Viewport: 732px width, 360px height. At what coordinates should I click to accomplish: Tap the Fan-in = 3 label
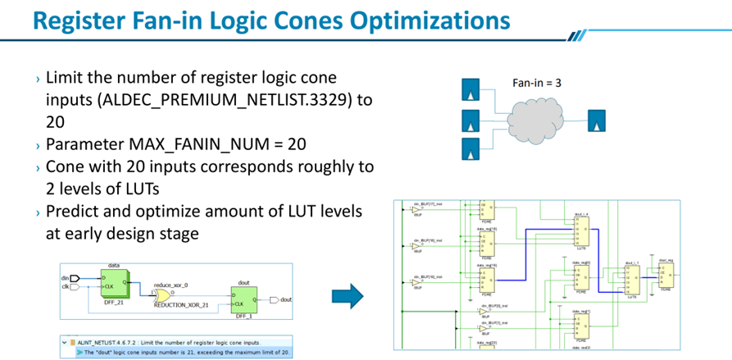coord(537,83)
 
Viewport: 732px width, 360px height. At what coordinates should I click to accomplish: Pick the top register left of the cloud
coord(471,88)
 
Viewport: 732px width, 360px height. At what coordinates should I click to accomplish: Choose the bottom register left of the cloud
coord(471,149)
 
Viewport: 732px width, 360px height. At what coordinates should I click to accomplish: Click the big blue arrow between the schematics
coord(350,296)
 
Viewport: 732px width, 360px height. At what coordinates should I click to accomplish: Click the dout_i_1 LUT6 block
coord(631,281)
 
